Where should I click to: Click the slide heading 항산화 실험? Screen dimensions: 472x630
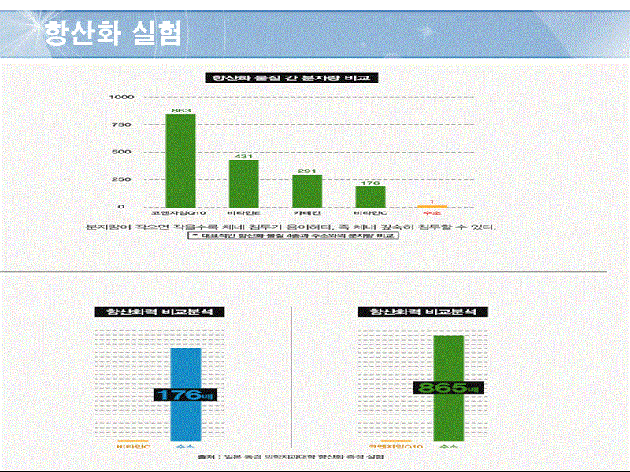(x=113, y=33)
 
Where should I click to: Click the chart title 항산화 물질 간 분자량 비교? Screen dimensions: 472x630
(x=291, y=78)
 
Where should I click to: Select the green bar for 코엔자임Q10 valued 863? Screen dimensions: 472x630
(x=180, y=160)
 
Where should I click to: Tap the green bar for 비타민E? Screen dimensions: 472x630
(x=244, y=183)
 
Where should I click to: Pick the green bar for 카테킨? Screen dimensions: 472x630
(x=307, y=190)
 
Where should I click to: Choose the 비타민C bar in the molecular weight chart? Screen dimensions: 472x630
(x=370, y=197)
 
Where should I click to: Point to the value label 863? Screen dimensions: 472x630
(x=181, y=109)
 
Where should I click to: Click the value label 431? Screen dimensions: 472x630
(x=244, y=156)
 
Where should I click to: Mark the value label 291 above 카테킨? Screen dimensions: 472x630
(x=307, y=171)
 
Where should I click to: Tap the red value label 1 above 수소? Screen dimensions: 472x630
(x=432, y=202)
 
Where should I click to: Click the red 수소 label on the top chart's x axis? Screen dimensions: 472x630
(x=432, y=212)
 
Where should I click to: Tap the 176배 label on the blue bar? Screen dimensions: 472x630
(x=186, y=395)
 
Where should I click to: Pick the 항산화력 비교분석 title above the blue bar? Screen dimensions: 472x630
(x=159, y=312)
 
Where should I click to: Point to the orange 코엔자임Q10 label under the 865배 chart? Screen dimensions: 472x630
(x=395, y=447)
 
